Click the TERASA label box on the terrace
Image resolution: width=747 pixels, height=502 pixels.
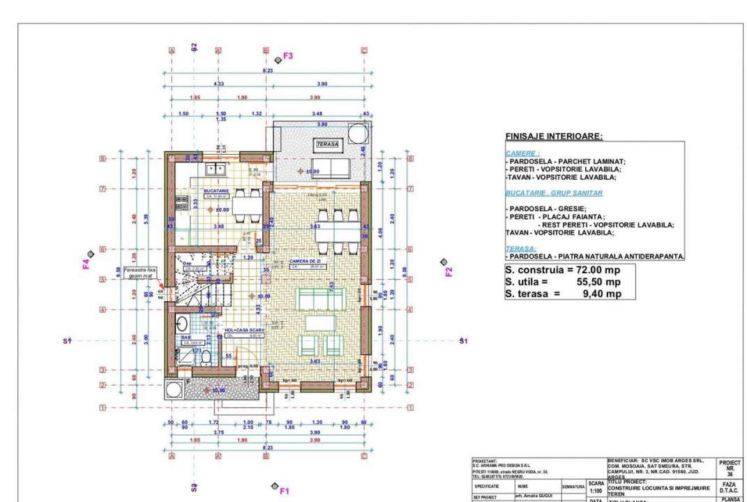[326, 144]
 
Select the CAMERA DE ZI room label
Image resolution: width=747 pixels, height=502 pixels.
[304, 261]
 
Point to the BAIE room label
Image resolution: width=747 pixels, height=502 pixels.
[186, 337]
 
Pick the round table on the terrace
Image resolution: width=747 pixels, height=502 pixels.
[358, 132]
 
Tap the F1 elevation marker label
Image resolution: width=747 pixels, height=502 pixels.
[284, 491]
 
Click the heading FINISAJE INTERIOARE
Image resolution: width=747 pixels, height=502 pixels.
[553, 137]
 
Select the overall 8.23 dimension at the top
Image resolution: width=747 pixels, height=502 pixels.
[267, 71]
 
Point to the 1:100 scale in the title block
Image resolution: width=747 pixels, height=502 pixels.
[596, 491]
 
